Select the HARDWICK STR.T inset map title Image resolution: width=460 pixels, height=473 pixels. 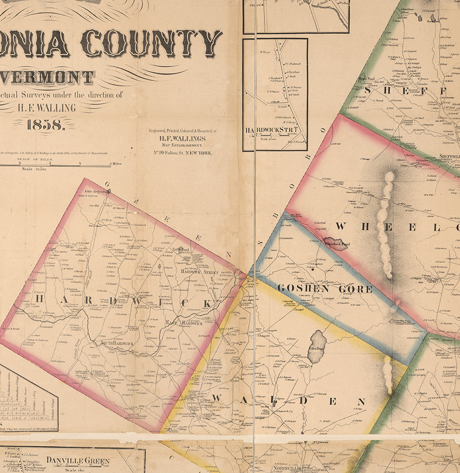[272, 130]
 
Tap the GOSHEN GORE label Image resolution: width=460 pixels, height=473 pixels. [325, 289]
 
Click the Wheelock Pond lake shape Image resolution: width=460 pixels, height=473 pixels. [336, 244]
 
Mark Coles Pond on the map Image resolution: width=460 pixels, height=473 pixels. [316, 346]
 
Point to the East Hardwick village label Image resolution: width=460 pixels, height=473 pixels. [184, 323]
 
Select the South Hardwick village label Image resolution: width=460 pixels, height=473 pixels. [116, 343]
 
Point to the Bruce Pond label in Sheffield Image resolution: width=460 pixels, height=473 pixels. [367, 78]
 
